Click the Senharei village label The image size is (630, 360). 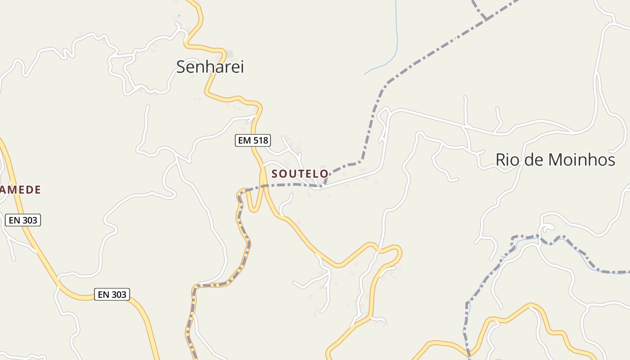point(210,67)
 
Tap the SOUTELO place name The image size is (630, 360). point(300,174)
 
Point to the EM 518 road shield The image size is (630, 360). point(252,140)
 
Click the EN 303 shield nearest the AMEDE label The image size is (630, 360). point(23,220)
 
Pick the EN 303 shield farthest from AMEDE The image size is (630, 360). point(112,294)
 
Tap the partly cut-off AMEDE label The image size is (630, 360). point(20,190)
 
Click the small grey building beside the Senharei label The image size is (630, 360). point(230,54)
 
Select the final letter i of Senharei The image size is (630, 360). point(242,67)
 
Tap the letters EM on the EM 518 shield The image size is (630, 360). point(244,140)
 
